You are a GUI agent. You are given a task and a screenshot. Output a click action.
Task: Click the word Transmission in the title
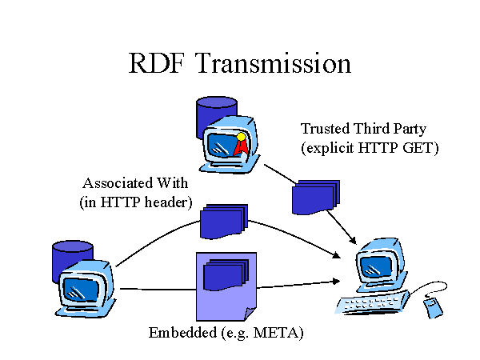(x=273, y=63)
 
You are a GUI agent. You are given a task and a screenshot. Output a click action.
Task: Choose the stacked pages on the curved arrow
(x=223, y=222)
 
